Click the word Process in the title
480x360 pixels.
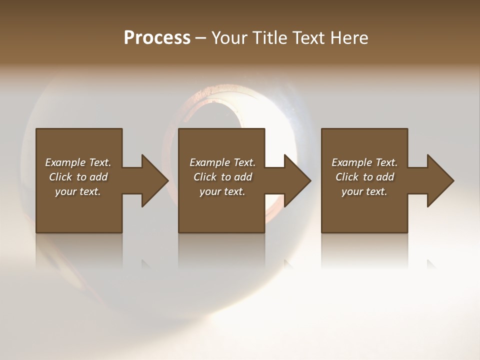(157, 38)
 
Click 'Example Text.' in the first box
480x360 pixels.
(78, 162)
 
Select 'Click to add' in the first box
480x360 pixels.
(78, 177)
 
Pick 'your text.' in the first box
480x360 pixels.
(78, 191)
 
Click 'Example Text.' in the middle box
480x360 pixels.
(222, 162)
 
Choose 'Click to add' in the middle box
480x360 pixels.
(222, 177)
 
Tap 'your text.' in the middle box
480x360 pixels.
(222, 191)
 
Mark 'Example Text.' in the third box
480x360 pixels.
(364, 162)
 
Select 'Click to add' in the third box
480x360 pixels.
(364, 177)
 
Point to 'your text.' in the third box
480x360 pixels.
(364, 191)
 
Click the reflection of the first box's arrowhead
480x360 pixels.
(145, 263)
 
